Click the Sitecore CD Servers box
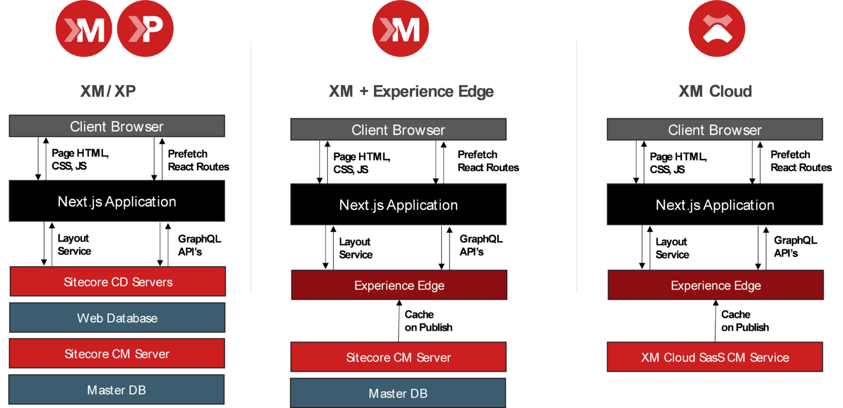pyautogui.click(x=117, y=282)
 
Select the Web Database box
pyautogui.click(x=117, y=318)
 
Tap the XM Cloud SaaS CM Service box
pyautogui.click(x=715, y=357)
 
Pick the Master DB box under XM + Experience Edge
pyautogui.click(x=398, y=393)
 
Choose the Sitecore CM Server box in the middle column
pyautogui.click(x=398, y=357)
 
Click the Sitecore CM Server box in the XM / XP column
pyautogui.click(x=117, y=354)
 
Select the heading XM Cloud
pyautogui.click(x=715, y=91)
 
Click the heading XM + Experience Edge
pyautogui.click(x=411, y=91)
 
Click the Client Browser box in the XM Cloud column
pyautogui.click(x=715, y=130)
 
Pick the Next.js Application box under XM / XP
pyautogui.click(x=117, y=202)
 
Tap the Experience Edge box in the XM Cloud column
pyautogui.click(x=716, y=286)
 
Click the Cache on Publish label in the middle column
pyautogui.click(x=428, y=321)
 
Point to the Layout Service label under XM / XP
pyautogui.click(x=74, y=244)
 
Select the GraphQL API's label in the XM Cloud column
pyautogui.click(x=795, y=247)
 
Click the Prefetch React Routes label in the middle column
pyautogui.click(x=488, y=161)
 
